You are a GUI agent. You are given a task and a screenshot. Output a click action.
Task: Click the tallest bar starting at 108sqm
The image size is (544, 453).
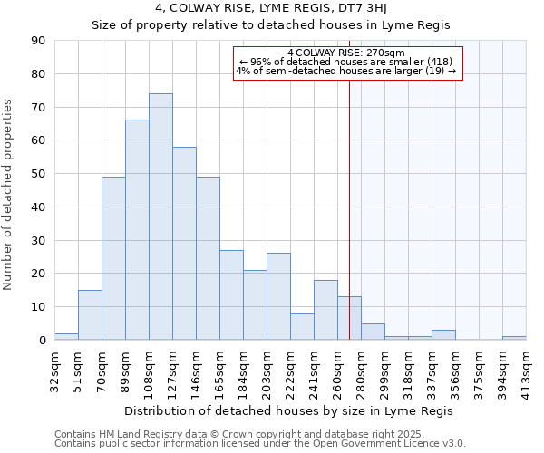pos(160,217)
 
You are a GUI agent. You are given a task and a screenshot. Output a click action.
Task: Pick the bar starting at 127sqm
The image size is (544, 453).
pos(184,244)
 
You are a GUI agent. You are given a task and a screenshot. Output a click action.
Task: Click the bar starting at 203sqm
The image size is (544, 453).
pos(278,297)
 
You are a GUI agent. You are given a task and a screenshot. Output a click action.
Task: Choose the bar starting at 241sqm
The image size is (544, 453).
pos(325,310)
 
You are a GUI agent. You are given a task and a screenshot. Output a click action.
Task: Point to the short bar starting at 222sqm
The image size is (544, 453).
pos(302,327)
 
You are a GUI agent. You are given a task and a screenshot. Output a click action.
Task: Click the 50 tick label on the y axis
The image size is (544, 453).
pos(38,174)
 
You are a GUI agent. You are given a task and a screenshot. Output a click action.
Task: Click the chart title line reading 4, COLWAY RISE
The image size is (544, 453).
pos(271,9)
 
